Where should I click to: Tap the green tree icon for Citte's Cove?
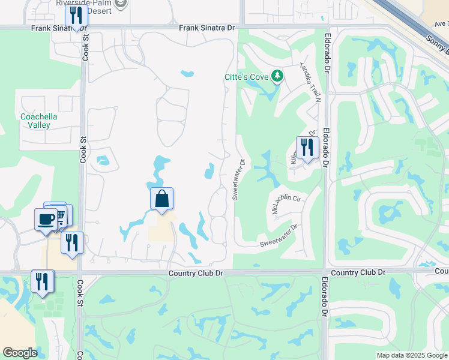277,76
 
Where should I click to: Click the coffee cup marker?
45,219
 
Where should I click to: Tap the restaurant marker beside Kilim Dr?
307,148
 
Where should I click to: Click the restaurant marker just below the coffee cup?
71,242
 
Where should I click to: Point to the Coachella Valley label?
39,121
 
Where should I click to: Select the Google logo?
20,353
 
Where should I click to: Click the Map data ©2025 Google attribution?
412,355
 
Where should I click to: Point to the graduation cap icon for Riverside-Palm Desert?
121,4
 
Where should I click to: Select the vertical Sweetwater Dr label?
238,178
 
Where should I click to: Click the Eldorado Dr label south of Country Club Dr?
325,296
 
